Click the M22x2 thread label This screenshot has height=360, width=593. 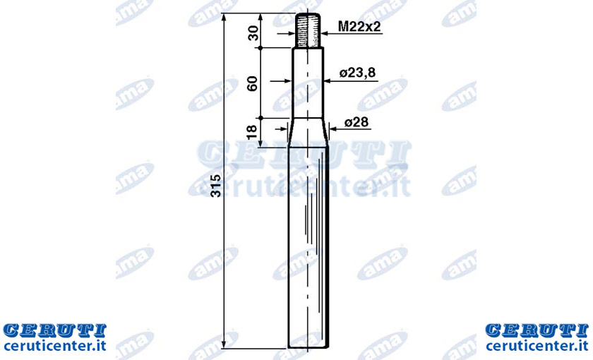click(x=359, y=27)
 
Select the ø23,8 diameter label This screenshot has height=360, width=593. click(x=357, y=72)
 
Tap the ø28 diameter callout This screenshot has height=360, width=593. click(x=357, y=122)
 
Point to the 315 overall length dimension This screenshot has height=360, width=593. click(x=216, y=185)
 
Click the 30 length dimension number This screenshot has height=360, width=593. click(x=253, y=33)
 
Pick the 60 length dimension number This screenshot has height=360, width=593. click(x=252, y=83)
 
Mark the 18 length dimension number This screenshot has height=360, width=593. click(x=251, y=132)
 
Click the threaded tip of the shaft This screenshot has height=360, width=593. click(x=308, y=30)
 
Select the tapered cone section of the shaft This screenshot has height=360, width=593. click(x=309, y=133)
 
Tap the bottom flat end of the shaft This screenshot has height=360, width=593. click(x=309, y=347)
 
